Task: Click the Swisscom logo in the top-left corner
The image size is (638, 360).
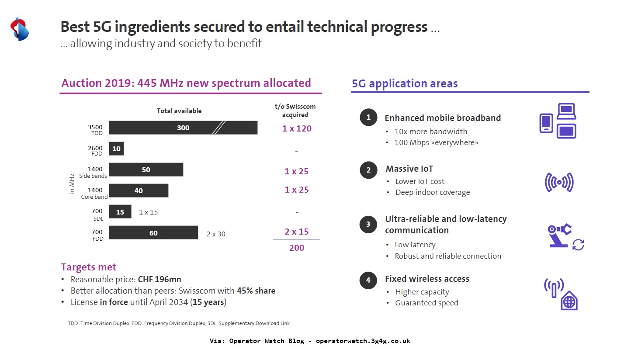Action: [x=20, y=29]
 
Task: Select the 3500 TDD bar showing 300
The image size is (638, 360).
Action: [x=183, y=128]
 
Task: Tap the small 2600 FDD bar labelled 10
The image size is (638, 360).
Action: [x=116, y=149]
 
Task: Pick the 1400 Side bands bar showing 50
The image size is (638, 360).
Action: [x=146, y=170]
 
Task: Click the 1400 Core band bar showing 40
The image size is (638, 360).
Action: [x=139, y=190]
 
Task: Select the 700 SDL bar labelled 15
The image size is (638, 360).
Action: [x=120, y=212]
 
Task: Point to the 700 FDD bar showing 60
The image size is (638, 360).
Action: [x=153, y=233]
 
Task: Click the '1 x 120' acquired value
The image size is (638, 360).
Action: [x=297, y=128]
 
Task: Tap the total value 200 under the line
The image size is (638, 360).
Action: [x=297, y=248]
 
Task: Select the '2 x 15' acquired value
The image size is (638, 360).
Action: [x=297, y=232]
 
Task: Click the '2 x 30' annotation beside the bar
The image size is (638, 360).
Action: [x=216, y=234]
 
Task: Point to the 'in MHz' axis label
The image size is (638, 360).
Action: [x=72, y=183]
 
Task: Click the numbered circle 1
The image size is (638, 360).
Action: [x=368, y=117]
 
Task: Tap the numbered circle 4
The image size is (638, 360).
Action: [x=368, y=280]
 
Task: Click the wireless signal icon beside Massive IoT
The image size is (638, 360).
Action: [x=559, y=182]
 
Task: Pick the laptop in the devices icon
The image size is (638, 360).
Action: [x=566, y=111]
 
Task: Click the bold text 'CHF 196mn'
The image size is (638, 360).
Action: [x=159, y=279]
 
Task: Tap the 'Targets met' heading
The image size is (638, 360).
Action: [x=89, y=267]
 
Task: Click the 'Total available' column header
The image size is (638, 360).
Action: [x=179, y=111]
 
